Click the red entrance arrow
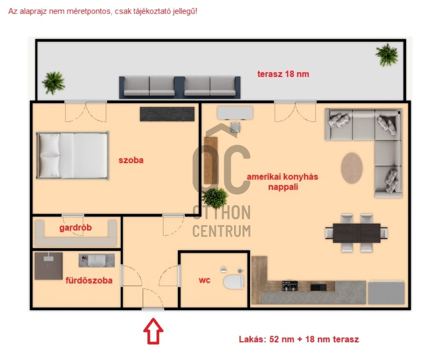click(x=153, y=331)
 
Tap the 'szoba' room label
click(x=131, y=160)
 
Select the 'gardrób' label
click(x=75, y=228)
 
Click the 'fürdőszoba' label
click(x=89, y=280)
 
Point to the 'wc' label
click(x=205, y=280)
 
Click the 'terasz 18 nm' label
click(x=283, y=74)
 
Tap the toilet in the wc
click(x=234, y=282)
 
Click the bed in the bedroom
click(x=73, y=155)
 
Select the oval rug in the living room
click(x=352, y=168)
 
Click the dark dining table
click(x=356, y=233)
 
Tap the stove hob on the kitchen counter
click(x=289, y=285)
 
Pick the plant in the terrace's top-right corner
click(x=387, y=55)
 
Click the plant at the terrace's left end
click(x=53, y=83)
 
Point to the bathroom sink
click(x=96, y=261)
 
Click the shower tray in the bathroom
click(x=49, y=266)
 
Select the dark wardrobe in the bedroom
click(x=167, y=114)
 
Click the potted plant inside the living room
click(x=215, y=198)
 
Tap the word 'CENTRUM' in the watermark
click(x=221, y=231)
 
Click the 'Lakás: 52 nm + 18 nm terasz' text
click(x=299, y=339)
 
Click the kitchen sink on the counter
click(x=318, y=287)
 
